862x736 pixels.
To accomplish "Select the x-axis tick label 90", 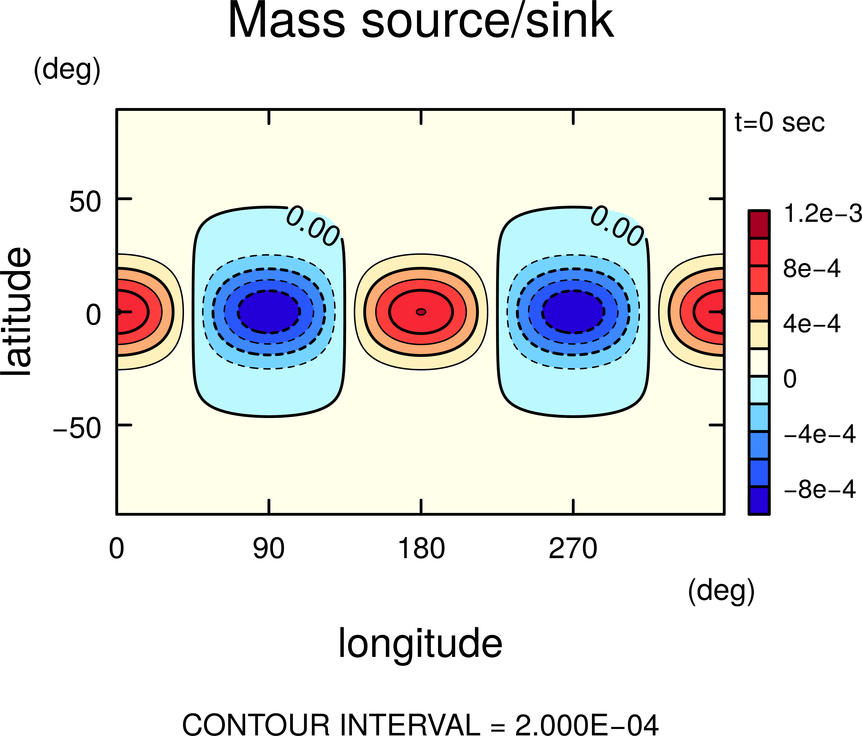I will click(x=269, y=549).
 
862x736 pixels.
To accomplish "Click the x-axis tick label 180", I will click(x=421, y=549).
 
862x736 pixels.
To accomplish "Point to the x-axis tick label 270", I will click(x=573, y=549).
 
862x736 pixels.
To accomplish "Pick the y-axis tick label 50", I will click(x=85, y=203).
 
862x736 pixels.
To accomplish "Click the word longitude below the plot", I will click(x=420, y=644).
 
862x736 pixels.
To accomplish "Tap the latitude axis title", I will click(x=17, y=312).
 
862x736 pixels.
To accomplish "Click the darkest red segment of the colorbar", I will click(x=758, y=224).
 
